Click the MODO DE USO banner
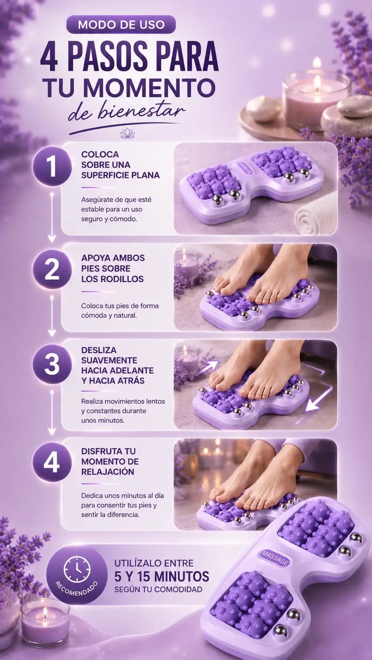121,25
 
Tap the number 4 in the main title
49,56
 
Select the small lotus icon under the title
127,134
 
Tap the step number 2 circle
52,270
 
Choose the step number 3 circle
52,364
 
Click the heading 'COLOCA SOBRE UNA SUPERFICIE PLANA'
120,165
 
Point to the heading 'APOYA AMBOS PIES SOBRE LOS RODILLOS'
113,268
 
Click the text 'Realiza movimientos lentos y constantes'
123,406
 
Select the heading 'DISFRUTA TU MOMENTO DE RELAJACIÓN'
110,461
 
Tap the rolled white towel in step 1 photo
315,216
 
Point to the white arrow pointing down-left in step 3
317,399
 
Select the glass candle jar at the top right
316,95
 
